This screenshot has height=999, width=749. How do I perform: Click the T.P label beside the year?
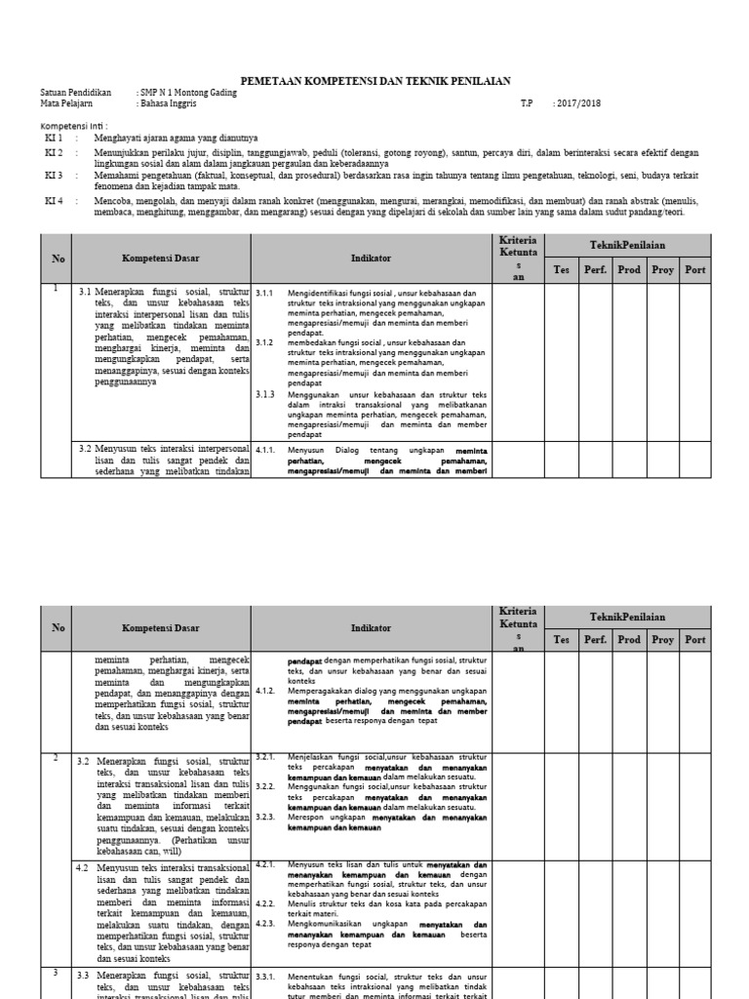(x=527, y=102)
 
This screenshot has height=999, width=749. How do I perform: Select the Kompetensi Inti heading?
(x=74, y=127)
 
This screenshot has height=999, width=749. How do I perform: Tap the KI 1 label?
(x=54, y=139)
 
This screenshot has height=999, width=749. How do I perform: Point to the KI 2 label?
(x=54, y=153)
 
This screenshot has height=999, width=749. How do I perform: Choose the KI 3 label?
(x=54, y=176)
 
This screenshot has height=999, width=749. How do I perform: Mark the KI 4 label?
(x=54, y=200)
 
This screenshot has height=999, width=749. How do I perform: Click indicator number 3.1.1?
(x=264, y=293)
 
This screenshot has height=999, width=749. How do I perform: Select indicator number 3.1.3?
(x=264, y=394)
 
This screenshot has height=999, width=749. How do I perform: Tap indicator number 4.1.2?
(x=264, y=691)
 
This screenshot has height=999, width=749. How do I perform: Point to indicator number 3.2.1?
(x=265, y=757)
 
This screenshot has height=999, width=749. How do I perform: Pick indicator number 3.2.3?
(x=265, y=818)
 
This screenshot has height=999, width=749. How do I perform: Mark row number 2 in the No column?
(x=57, y=757)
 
